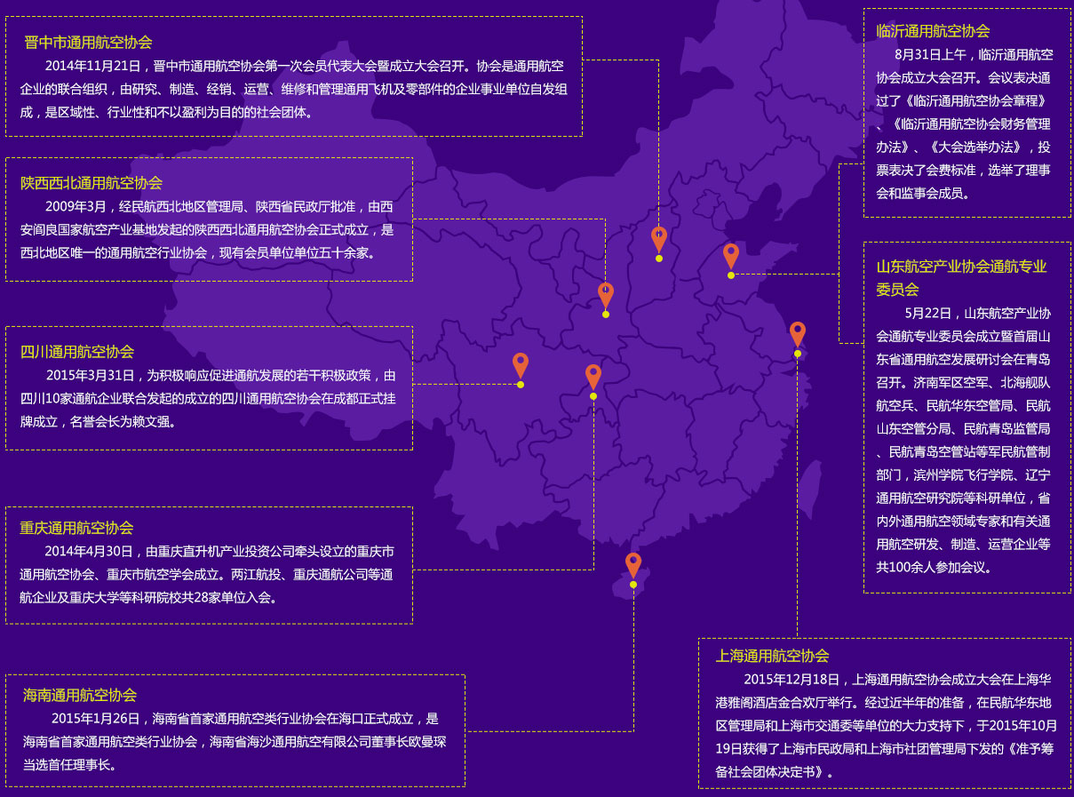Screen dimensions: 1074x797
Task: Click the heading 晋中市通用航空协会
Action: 88,43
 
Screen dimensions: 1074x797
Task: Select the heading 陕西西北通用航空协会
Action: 91,183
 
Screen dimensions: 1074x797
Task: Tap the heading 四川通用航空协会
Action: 77,352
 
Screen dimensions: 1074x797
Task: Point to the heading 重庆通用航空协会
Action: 76,528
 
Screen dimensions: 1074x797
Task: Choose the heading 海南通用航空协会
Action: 80,695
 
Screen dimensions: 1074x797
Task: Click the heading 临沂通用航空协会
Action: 933,31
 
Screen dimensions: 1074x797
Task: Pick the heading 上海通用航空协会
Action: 772,656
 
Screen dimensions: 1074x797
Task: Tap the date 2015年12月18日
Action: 792,679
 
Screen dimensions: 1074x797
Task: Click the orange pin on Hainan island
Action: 633,565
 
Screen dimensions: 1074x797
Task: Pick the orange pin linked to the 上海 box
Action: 798,335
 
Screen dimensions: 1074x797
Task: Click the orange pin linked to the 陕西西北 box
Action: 606,296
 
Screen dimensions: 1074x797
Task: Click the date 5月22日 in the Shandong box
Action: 927,314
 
